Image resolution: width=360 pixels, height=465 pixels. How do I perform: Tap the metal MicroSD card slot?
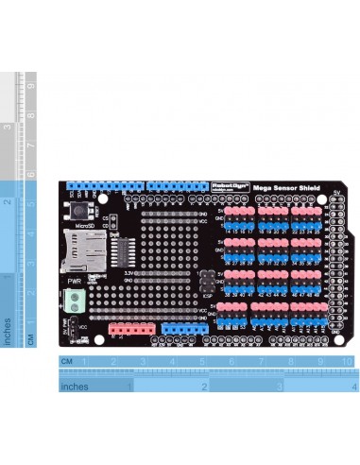(79, 248)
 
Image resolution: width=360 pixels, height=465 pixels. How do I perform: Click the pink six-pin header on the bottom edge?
(129, 329)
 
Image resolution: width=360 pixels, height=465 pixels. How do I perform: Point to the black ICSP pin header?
(205, 281)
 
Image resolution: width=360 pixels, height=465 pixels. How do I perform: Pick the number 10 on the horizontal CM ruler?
(348, 362)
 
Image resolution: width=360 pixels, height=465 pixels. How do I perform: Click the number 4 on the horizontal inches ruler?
(353, 387)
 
